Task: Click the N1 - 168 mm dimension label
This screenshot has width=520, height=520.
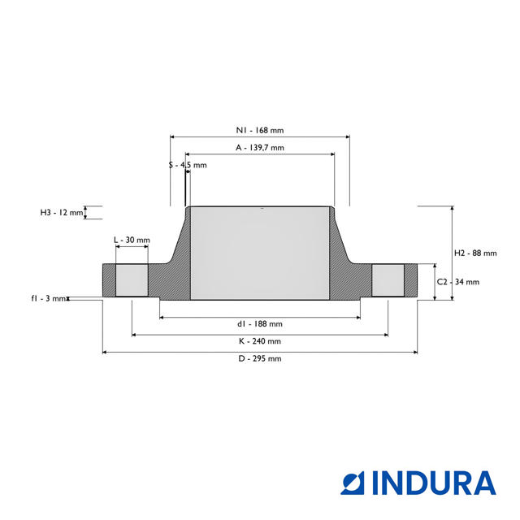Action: tap(260, 130)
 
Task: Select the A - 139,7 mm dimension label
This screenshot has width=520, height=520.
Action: tap(260, 148)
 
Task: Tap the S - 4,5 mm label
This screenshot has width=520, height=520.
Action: tap(188, 165)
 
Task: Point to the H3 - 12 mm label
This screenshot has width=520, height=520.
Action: tap(62, 213)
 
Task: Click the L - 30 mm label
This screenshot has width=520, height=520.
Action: tap(132, 240)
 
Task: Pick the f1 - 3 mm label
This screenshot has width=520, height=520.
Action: tap(48, 299)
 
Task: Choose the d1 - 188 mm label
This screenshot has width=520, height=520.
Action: tap(260, 323)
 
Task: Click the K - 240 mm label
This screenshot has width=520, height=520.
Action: tap(260, 341)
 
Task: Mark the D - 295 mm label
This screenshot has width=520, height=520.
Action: tap(260, 358)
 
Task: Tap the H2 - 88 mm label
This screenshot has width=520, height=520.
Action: tap(474, 253)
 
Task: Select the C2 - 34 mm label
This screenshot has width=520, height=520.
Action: tap(458, 282)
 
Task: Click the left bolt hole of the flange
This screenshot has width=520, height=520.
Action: tap(132, 281)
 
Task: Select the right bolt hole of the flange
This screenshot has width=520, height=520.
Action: tap(388, 281)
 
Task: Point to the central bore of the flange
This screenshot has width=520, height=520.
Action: tap(260, 253)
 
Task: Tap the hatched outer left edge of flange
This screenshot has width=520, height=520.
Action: tap(109, 281)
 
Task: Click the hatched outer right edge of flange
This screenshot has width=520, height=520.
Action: tap(411, 281)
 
